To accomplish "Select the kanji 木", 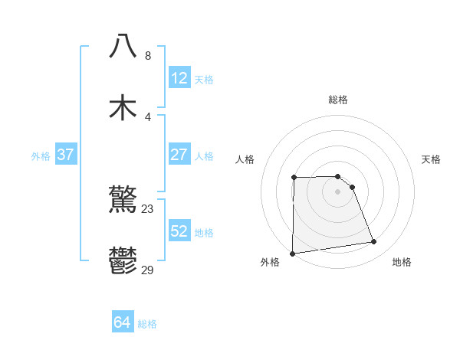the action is pos(123,107).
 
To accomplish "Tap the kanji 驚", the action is pos(123,200).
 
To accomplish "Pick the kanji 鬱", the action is pos(123,261).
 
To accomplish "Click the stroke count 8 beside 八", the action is pos(148,56).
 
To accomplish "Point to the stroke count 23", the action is pos(148,208).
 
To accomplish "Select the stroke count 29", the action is pos(148,270).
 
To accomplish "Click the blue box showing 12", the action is pos(179,78).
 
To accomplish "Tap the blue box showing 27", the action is pos(179,155).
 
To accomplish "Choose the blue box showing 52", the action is pos(179,231).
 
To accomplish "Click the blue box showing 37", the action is pos(66,155).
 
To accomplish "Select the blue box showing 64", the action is pos(122,323).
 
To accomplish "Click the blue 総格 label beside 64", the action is pos(147,324).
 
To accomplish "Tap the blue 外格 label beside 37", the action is pos(41,156).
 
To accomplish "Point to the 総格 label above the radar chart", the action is pos(338,100).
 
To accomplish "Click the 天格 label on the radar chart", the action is pos(432,159).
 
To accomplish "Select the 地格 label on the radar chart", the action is pos(402,262).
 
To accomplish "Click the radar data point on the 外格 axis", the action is pos(292,254).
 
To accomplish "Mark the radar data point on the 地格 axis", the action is pos(374,242).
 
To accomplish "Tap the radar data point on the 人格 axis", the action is pos(294,178).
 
